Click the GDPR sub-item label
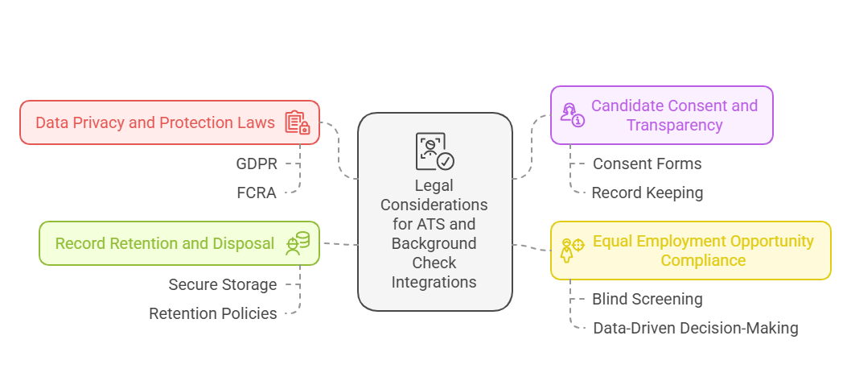click(x=257, y=164)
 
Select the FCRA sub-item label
click(x=257, y=193)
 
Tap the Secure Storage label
click(x=222, y=284)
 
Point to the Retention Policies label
click(x=212, y=313)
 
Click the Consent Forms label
click(x=647, y=164)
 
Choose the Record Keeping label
click(x=647, y=193)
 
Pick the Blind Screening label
click(x=647, y=299)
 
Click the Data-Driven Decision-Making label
click(x=695, y=328)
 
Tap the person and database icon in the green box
click(x=298, y=243)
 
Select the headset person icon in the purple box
click(x=572, y=115)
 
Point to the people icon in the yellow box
click(x=572, y=250)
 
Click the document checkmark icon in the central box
click(x=434, y=151)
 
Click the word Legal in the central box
click(x=434, y=186)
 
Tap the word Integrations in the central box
click(x=434, y=282)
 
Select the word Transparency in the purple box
click(x=674, y=126)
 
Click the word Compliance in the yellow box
click(x=703, y=260)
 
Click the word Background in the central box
click(x=434, y=243)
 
